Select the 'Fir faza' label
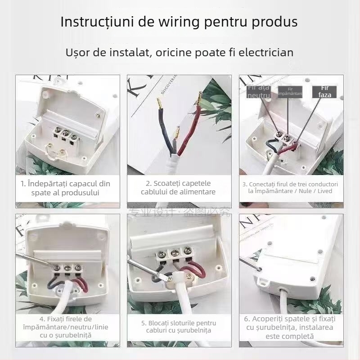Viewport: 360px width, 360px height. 324,92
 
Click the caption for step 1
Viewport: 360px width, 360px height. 65,188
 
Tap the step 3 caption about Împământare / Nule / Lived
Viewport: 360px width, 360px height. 290,188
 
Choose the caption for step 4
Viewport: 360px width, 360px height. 65,327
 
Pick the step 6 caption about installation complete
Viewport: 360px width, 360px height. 290,327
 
